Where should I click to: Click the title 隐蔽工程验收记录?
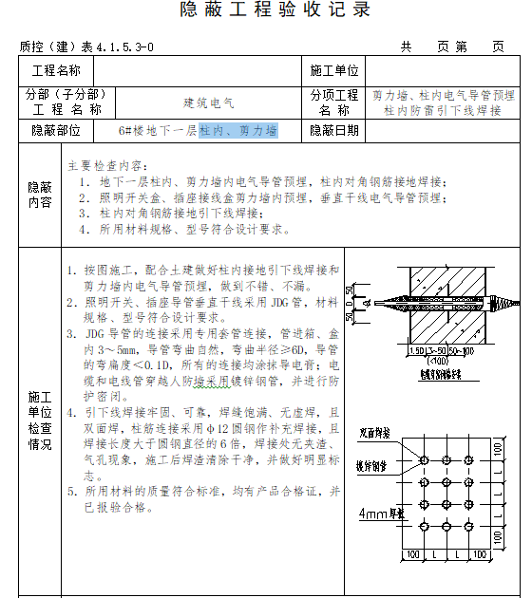(275, 10)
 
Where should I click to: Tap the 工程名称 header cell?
(56, 71)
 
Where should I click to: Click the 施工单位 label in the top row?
(333, 71)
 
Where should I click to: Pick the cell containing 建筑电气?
(208, 102)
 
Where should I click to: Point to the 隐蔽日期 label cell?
(333, 131)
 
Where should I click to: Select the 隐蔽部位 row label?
(56, 131)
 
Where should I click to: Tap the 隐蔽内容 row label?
(40, 196)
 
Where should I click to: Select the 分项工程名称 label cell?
(333, 102)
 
